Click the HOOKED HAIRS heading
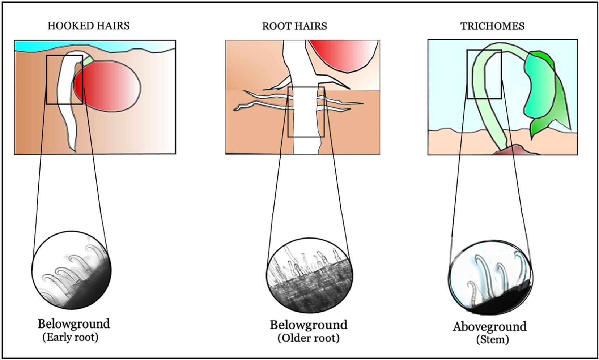(x=89, y=26)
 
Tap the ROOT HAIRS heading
(x=294, y=26)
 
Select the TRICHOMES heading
(x=492, y=26)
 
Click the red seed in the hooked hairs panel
(x=109, y=87)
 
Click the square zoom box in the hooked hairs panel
(x=64, y=80)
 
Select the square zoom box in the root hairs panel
(x=306, y=112)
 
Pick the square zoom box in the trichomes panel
(x=484, y=74)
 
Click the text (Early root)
(x=71, y=337)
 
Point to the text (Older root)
(x=309, y=338)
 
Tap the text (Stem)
(x=492, y=340)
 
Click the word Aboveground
(x=490, y=326)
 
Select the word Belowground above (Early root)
(x=74, y=323)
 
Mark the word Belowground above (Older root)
(x=309, y=325)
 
